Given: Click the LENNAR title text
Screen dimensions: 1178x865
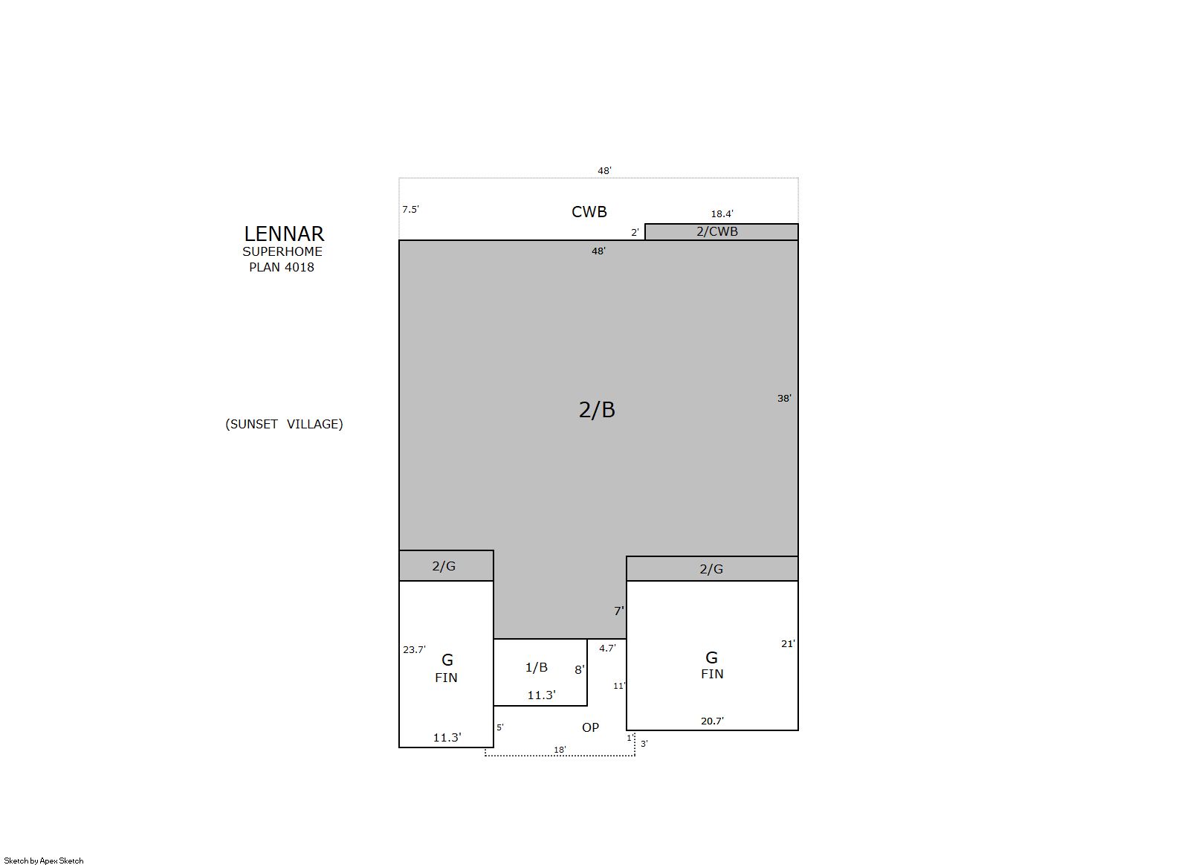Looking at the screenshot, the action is [x=284, y=234].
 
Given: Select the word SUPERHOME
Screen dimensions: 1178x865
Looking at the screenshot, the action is [x=282, y=251].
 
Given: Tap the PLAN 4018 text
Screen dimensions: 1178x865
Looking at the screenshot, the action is [x=282, y=267].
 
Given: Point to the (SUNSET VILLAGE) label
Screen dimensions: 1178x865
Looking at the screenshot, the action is [x=284, y=424].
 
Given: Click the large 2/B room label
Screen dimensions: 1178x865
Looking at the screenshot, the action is [x=597, y=410].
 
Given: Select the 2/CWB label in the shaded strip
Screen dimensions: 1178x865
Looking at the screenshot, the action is [x=717, y=231].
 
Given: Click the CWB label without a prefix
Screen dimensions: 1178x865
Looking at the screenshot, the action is [x=589, y=211].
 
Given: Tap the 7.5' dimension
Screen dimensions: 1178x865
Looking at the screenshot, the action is [x=411, y=210].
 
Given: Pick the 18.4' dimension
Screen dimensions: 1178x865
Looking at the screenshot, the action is [x=722, y=213].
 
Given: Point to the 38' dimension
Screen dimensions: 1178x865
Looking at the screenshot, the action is [x=784, y=399].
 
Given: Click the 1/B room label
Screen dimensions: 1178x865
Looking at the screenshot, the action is [x=537, y=667].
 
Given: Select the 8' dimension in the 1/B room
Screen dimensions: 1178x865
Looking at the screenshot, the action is [x=580, y=670].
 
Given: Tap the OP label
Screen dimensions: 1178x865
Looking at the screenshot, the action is [x=590, y=727].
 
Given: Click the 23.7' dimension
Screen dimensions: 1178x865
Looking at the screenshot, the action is [x=415, y=650].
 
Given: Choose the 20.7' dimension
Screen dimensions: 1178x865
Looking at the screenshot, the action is [x=712, y=721].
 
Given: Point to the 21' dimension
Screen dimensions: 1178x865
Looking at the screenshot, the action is [x=788, y=643].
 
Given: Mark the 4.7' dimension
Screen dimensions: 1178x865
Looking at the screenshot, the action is [x=607, y=649].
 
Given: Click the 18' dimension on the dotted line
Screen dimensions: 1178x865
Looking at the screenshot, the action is [x=560, y=750].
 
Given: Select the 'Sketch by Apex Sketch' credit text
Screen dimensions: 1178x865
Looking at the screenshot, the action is [x=44, y=861].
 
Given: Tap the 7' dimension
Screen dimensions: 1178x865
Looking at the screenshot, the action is [x=619, y=611].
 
